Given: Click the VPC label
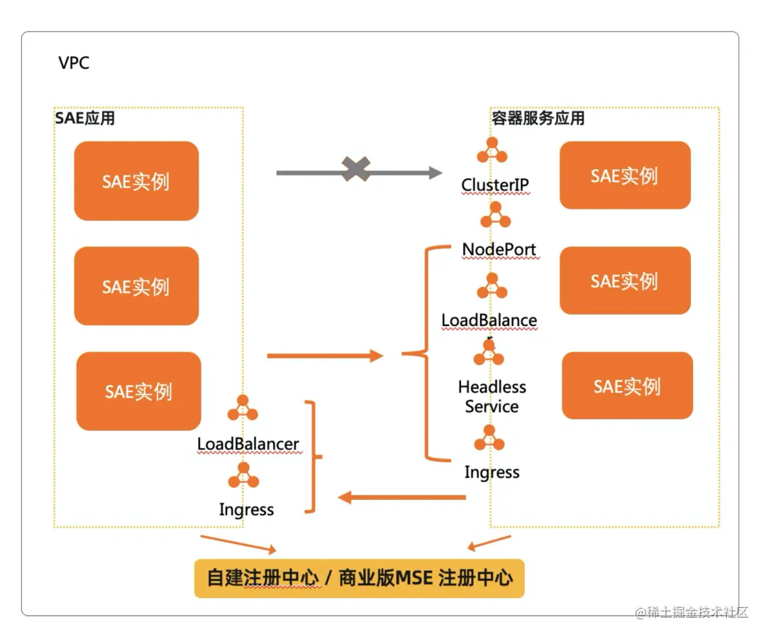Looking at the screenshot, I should tap(74, 63).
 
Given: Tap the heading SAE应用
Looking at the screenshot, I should tap(85, 118).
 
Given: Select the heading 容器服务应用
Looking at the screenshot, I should tap(538, 118).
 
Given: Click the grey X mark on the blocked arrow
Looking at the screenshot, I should tap(356, 170).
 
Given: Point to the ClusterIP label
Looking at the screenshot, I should tap(495, 185).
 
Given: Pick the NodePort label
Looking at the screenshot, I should tap(499, 250).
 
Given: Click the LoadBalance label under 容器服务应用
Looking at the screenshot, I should tap(489, 320).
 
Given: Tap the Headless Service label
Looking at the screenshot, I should tap(492, 397).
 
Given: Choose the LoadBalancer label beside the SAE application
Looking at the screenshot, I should tap(248, 445).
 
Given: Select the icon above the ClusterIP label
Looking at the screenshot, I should tap(492, 151).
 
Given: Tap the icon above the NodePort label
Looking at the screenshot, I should tap(495, 214).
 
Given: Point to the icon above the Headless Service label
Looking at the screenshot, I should tap(489, 353).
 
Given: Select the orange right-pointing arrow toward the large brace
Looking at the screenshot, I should tap(325, 355).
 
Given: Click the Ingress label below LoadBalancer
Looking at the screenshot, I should tap(246, 510).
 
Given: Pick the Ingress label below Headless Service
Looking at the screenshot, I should tap(492, 472).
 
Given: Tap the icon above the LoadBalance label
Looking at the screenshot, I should tap(492, 286).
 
